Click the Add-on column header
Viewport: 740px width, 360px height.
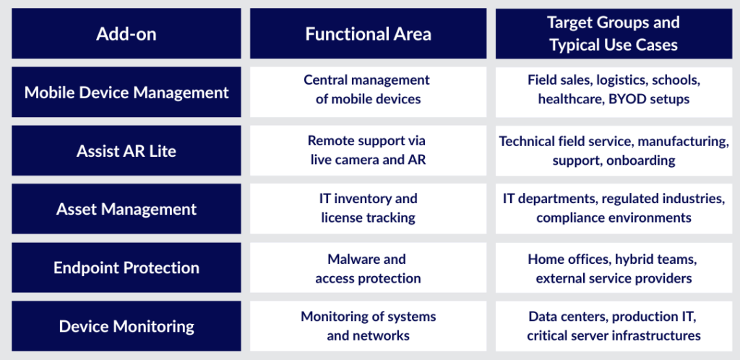(126, 34)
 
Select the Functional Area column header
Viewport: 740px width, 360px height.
(368, 34)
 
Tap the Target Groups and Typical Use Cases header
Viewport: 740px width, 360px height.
(614, 33)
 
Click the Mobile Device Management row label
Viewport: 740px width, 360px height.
(126, 92)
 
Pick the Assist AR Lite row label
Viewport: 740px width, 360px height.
(126, 151)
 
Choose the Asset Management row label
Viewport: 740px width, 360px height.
(126, 209)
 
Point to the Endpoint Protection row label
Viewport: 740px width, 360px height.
(126, 267)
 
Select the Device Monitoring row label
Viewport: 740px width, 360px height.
(126, 327)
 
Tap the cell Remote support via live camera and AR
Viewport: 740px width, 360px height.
(368, 150)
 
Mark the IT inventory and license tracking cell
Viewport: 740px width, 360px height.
(368, 208)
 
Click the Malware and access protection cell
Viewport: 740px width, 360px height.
(368, 268)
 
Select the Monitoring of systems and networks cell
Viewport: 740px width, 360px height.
(368, 326)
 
